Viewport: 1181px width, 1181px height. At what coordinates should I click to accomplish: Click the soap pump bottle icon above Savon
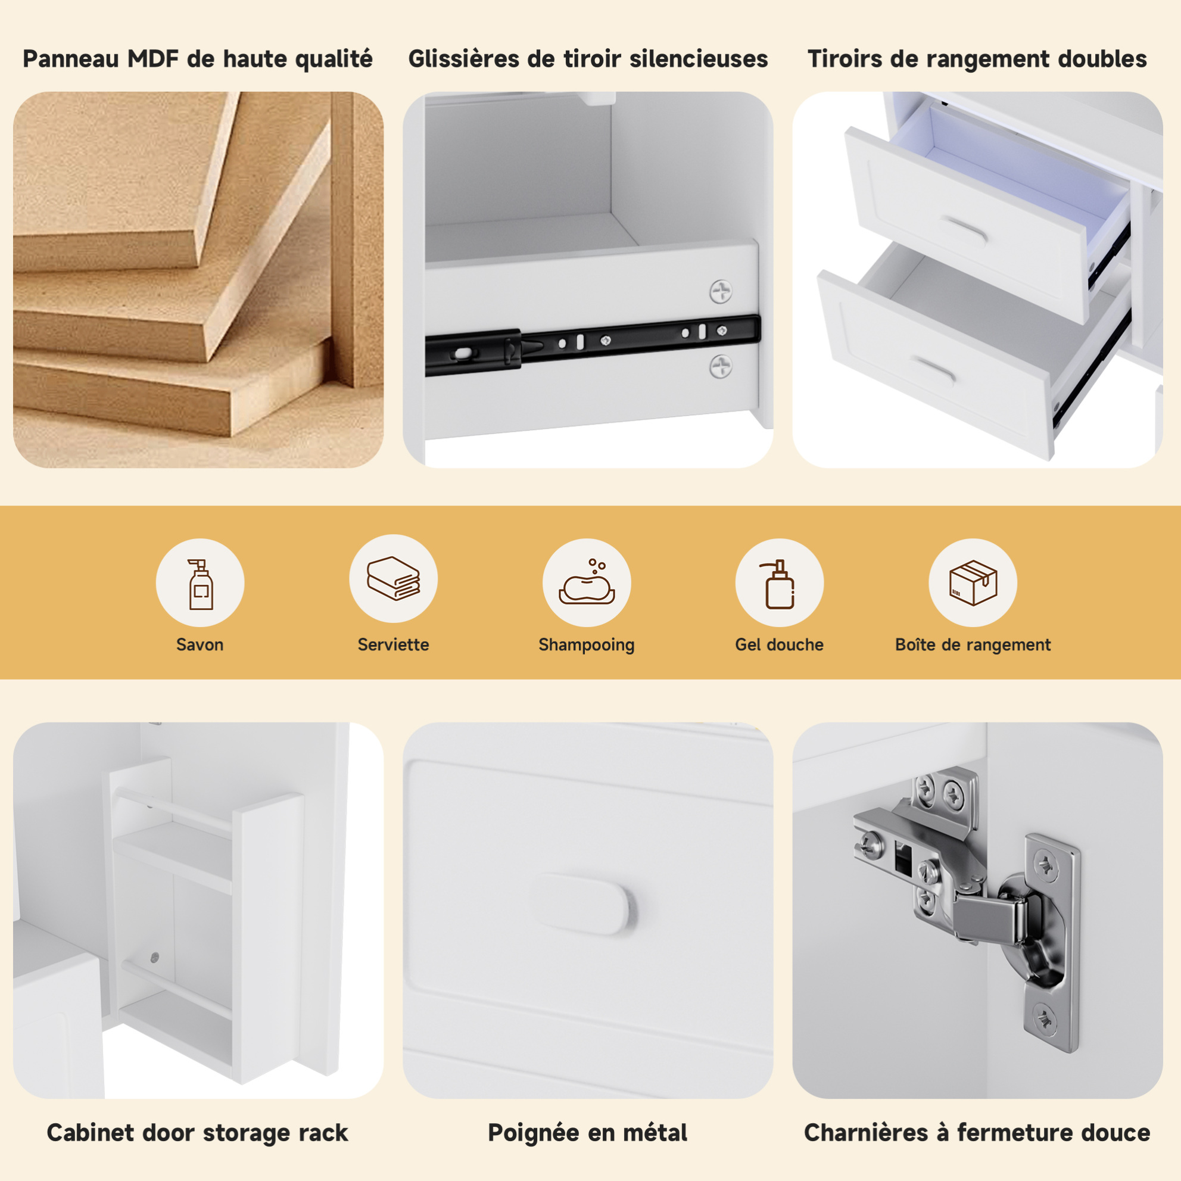(x=201, y=584)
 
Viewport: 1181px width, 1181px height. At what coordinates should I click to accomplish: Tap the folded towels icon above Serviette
(x=393, y=578)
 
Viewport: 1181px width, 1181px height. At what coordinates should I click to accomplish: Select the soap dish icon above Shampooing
(x=586, y=581)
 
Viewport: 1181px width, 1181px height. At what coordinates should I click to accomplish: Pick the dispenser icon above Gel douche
(x=779, y=584)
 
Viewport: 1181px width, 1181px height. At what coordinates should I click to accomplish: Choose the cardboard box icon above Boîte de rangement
(x=973, y=582)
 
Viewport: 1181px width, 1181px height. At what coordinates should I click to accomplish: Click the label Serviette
(x=393, y=644)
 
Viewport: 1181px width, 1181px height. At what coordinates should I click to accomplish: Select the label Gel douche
(x=779, y=644)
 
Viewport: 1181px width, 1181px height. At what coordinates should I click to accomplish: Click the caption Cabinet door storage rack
(x=198, y=1133)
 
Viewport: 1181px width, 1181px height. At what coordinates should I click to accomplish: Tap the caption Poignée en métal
(x=587, y=1133)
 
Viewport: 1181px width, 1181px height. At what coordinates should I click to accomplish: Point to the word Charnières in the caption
(x=866, y=1133)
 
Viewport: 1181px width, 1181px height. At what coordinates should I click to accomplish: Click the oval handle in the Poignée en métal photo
(x=584, y=903)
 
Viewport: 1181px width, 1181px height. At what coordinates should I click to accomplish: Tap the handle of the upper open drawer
(x=963, y=228)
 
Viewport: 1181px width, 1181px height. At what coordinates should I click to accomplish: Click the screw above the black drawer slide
(x=721, y=292)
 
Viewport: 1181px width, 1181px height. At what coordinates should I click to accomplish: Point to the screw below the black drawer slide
(x=721, y=367)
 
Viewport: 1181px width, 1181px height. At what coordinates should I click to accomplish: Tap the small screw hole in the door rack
(x=154, y=957)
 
